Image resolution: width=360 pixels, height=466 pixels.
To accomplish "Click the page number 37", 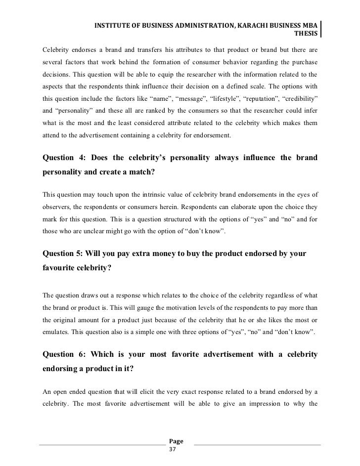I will [x=173, y=450].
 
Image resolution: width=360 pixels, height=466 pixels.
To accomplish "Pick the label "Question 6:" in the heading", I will [x=64, y=356].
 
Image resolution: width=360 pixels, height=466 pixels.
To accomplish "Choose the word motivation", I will [x=171, y=306].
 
